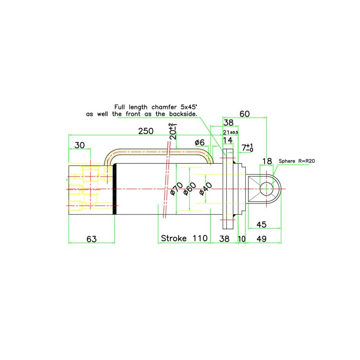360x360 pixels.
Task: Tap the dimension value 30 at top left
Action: pyautogui.click(x=80, y=145)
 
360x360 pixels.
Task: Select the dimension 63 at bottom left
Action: pyautogui.click(x=91, y=238)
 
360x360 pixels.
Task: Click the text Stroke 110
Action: pyautogui.click(x=184, y=238)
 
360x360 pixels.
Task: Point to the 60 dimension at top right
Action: pyautogui.click(x=244, y=114)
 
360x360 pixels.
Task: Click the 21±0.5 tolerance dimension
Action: pyautogui.click(x=231, y=132)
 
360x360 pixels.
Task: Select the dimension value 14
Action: pyautogui.click(x=228, y=140)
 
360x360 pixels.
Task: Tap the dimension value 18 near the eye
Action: pyautogui.click(x=267, y=161)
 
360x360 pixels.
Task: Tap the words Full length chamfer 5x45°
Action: pyautogui.click(x=156, y=107)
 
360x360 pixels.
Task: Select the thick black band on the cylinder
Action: pyautogui.click(x=115, y=189)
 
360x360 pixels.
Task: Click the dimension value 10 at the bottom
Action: pyautogui.click(x=241, y=238)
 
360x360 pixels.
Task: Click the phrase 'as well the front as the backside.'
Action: pyautogui.click(x=142, y=115)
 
